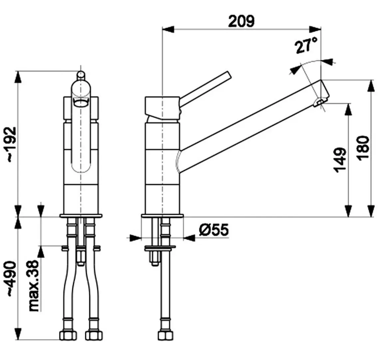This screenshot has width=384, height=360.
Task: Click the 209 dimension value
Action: (241, 21)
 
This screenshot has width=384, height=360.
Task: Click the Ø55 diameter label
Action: (214, 230)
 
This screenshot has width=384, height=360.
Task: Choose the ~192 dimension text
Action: (12, 144)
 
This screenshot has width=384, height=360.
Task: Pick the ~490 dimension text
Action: (12, 279)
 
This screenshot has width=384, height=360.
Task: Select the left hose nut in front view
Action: (68, 335)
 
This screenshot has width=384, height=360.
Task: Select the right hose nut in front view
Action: (93, 335)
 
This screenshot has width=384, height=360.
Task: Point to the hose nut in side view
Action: (165, 335)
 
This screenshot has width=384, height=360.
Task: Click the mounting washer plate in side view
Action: (160, 248)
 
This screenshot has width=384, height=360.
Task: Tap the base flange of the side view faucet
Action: (162, 216)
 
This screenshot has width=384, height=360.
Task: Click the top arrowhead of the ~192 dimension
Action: (18, 77)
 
